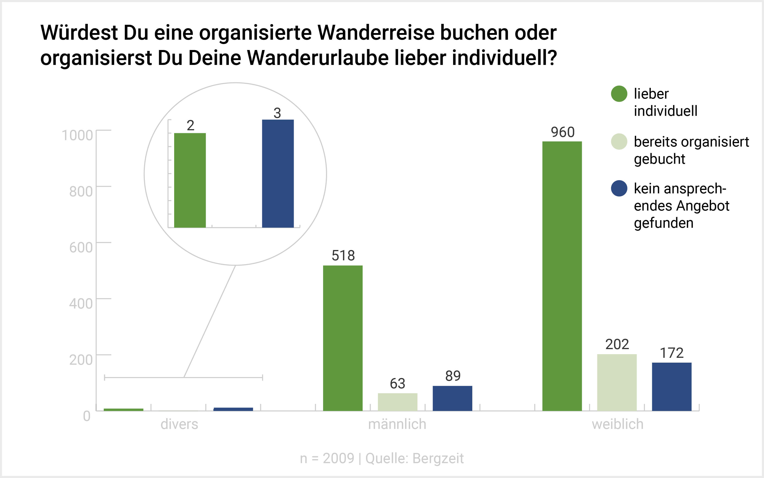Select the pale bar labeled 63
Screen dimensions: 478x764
(397, 402)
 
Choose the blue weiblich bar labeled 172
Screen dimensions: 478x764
(671, 387)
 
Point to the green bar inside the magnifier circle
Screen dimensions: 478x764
(190, 180)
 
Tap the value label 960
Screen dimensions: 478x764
(563, 132)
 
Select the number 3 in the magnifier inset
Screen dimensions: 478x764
(277, 113)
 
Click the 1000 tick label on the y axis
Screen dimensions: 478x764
(77, 135)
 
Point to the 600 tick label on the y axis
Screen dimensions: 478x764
(81, 247)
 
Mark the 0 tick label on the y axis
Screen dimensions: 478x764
(87, 416)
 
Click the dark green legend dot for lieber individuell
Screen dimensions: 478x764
(619, 94)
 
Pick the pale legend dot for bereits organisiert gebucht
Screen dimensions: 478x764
(619, 142)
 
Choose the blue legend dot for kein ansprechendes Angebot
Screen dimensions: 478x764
(619, 188)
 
